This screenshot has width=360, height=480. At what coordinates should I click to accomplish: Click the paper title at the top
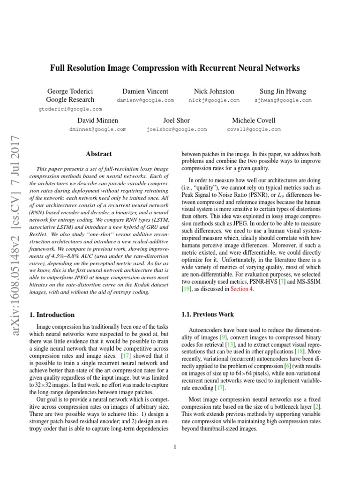pos(175,68)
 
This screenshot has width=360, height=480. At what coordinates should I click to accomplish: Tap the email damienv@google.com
pos(145,100)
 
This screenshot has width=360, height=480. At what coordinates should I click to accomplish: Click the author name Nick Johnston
pos(214,91)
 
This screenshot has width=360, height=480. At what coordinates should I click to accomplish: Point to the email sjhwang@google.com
pos(283,100)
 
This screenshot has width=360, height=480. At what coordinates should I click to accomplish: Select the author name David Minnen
pos(97,120)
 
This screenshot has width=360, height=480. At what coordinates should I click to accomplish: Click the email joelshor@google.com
pos(176,129)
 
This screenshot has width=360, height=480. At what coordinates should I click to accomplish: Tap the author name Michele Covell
pos(254,120)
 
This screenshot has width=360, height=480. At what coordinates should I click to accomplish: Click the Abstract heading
pos(99,153)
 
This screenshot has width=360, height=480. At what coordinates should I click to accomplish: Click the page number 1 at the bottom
pos(175,447)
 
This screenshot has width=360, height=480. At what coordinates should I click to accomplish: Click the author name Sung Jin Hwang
pos(283,91)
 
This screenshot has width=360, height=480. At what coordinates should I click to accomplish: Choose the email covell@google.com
pos(254,129)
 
